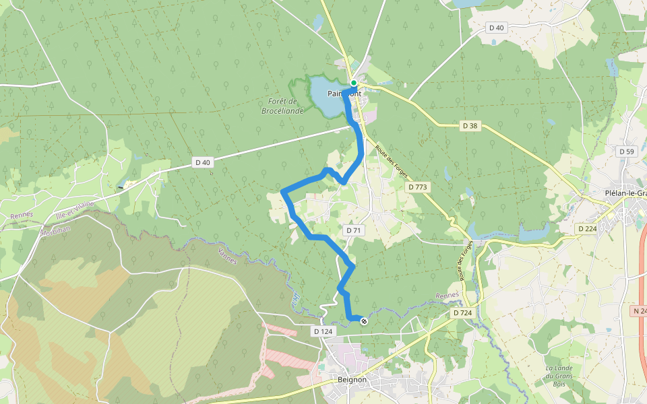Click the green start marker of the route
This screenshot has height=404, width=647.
click(353, 83)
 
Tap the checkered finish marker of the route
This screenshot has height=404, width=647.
click(364, 321)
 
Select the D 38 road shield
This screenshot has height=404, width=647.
click(470, 125)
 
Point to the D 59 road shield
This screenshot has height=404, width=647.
click(627, 151)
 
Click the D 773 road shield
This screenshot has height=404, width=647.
click(418, 187)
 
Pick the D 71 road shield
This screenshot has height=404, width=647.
click(354, 230)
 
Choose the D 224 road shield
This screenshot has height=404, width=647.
click(588, 229)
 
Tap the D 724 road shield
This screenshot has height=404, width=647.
click(462, 313)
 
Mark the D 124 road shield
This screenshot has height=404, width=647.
click(323, 331)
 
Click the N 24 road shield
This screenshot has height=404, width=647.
click(640, 311)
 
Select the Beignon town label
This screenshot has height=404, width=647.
click(352, 380)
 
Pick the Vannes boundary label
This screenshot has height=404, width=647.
click(228, 255)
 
